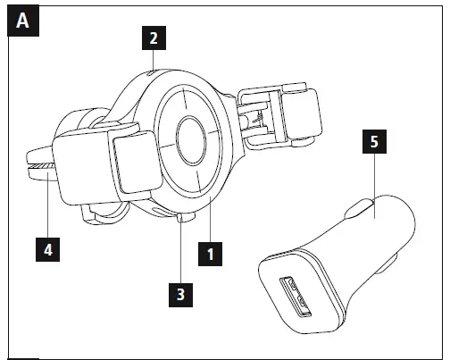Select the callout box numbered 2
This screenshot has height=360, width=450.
(x=153, y=38)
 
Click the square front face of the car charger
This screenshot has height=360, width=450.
(x=299, y=291)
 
